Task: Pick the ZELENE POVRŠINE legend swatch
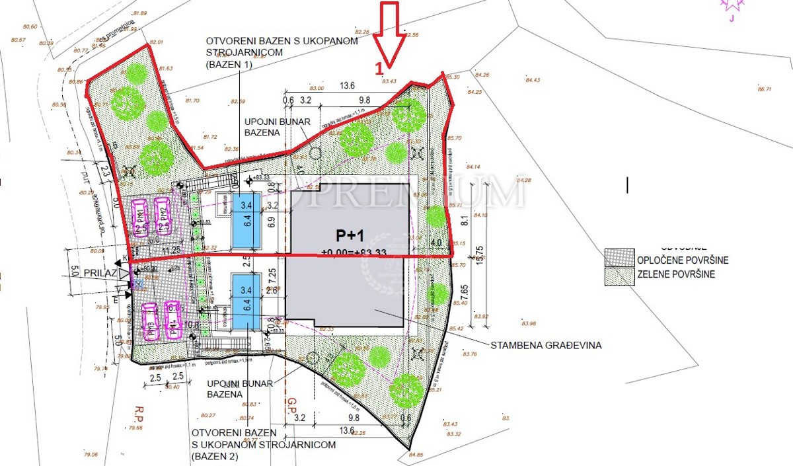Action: (x=619, y=274)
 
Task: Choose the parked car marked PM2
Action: (x=163, y=217)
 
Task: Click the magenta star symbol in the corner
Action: (x=731, y=6)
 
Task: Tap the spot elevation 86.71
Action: (x=765, y=89)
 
